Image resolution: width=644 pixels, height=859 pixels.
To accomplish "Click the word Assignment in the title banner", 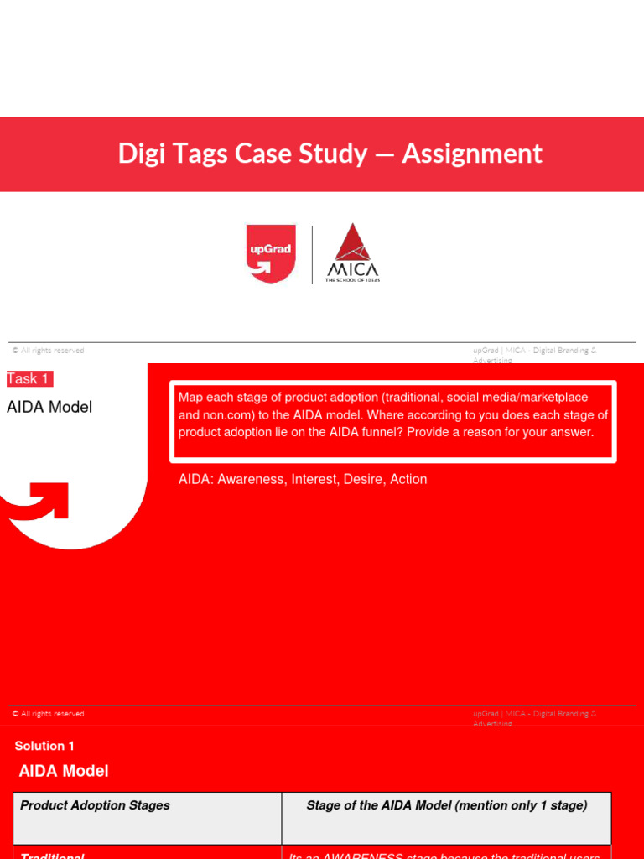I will click(x=472, y=154).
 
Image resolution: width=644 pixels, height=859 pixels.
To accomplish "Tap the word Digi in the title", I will click(x=139, y=154).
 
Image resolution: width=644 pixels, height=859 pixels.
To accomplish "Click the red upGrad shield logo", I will click(x=271, y=253).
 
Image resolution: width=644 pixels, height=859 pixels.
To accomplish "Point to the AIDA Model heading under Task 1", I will click(x=49, y=408).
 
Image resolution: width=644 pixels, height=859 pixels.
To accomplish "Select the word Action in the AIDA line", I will click(x=408, y=479).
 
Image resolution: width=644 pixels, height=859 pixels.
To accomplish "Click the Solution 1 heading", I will click(x=44, y=746).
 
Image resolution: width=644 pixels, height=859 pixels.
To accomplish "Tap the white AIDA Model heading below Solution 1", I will click(x=64, y=771).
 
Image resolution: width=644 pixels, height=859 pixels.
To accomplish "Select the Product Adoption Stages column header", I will click(x=95, y=805).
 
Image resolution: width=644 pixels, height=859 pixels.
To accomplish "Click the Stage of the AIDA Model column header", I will click(x=447, y=805).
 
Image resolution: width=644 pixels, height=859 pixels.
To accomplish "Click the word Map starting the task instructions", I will click(x=190, y=397).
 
